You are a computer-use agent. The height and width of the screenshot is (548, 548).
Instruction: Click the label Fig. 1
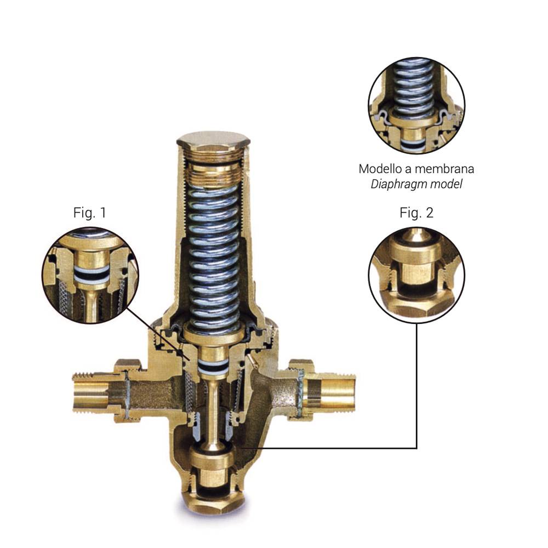89,213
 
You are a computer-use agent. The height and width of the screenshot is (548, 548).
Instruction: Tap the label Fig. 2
416,213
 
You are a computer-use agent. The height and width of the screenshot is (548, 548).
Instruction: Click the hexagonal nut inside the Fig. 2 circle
416,302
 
